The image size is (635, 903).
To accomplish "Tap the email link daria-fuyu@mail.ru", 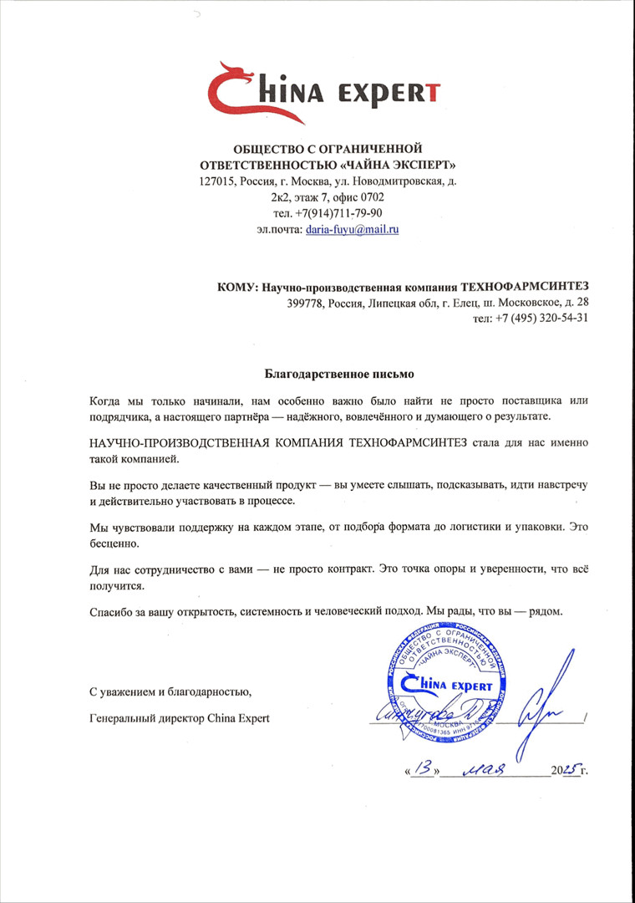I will (352, 228).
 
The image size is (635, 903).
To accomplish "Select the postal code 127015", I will (217, 181).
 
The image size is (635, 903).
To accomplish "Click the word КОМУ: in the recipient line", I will (238, 287).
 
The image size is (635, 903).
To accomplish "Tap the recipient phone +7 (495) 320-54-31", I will (543, 318).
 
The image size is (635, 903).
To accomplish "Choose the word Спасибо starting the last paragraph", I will (109, 611).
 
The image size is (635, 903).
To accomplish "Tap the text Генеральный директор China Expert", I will (179, 718).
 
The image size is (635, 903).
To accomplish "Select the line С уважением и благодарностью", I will (170, 691).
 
